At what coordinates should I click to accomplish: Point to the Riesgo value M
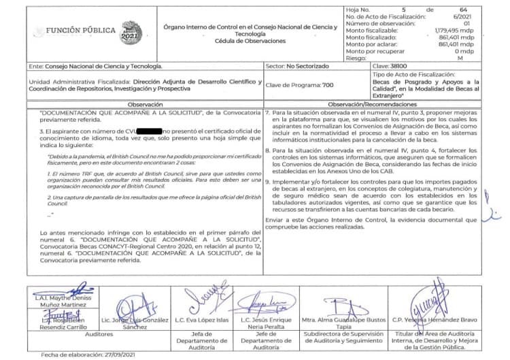pyautogui.click(x=461, y=59)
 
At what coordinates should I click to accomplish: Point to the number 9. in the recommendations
pyautogui.click(x=268, y=182)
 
